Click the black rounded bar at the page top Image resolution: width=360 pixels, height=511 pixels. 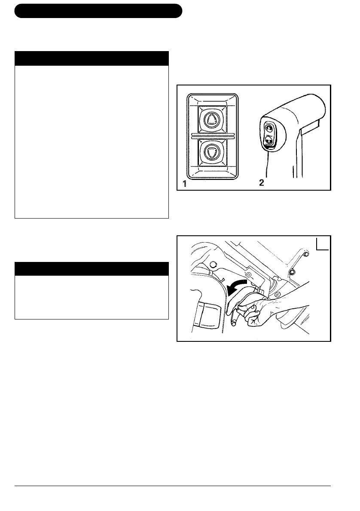[x=98, y=11]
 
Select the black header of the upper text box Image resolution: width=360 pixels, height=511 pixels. [x=91, y=58]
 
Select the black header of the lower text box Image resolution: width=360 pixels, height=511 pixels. [x=91, y=269]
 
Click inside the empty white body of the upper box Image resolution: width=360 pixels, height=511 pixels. [x=91, y=142]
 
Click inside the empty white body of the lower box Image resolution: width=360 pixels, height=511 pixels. [x=91, y=297]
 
